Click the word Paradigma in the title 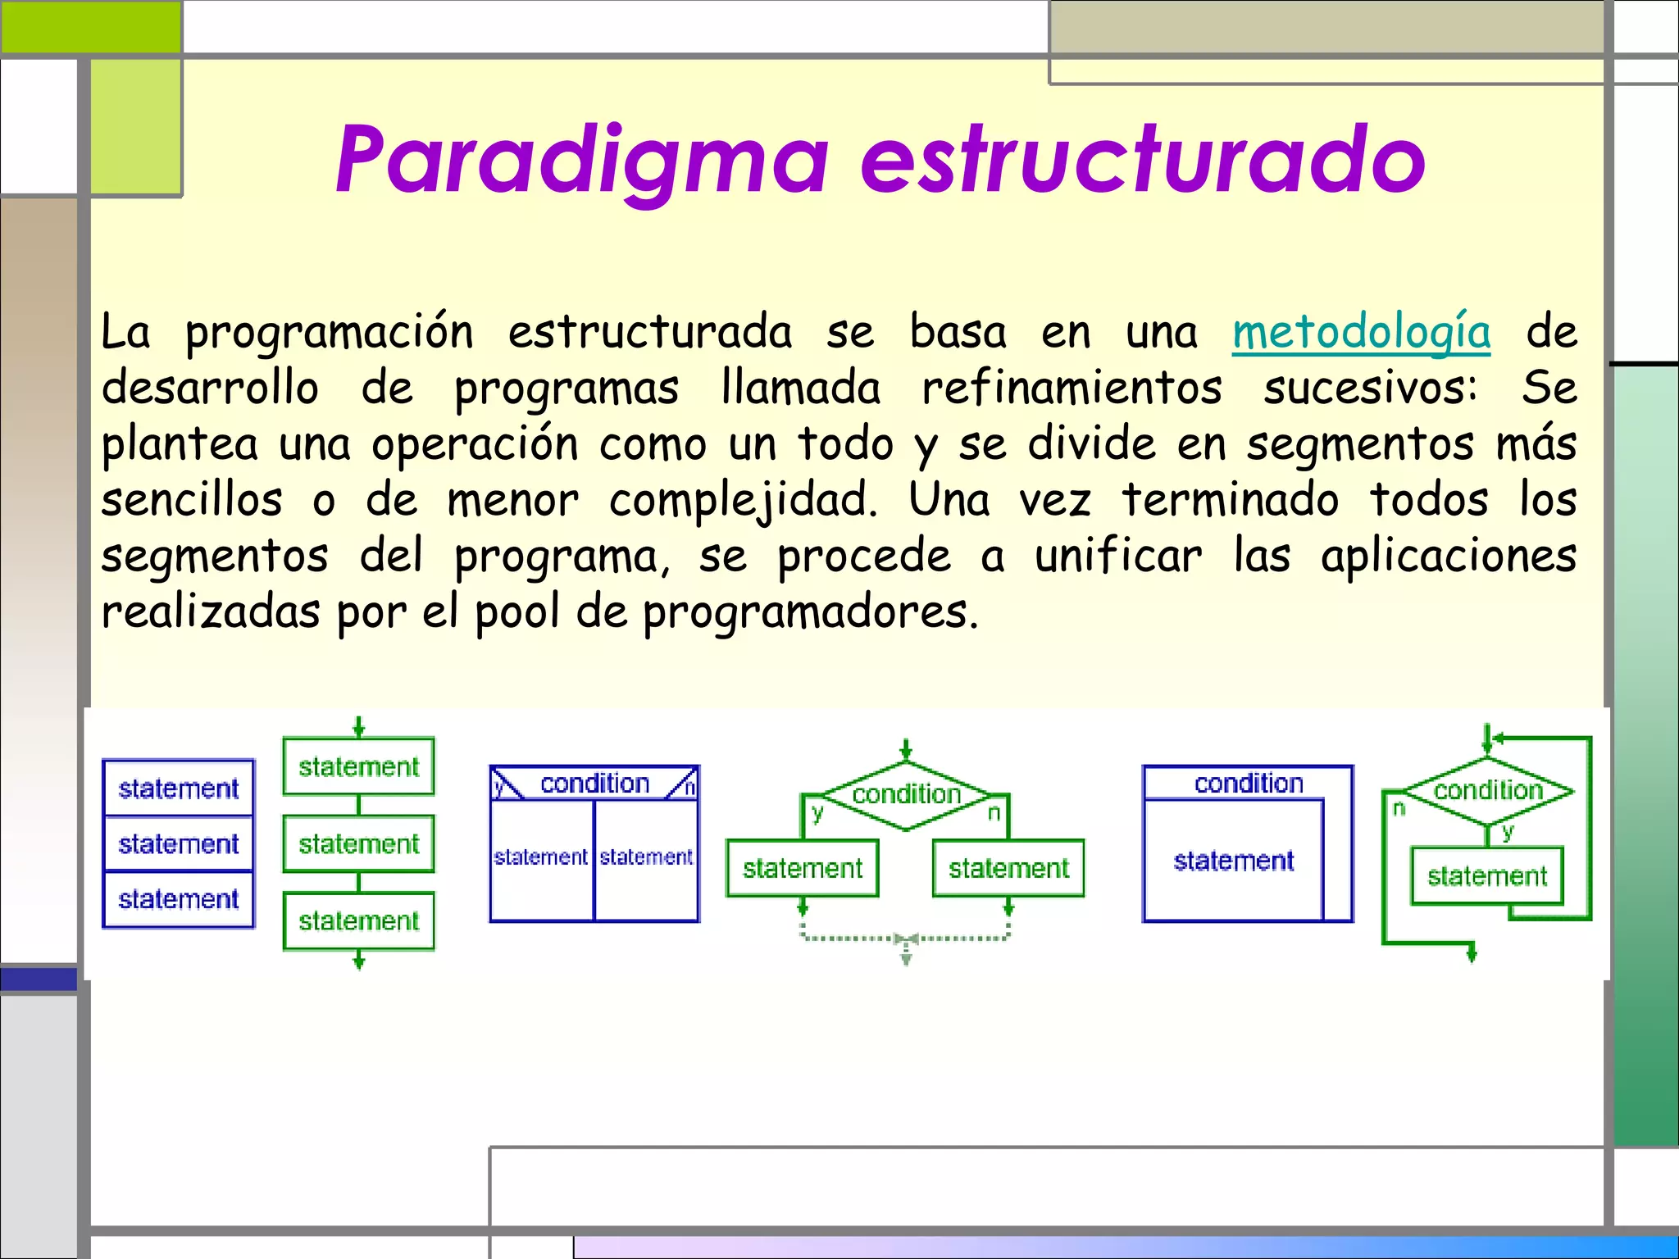click(582, 160)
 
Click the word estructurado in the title click(1143, 160)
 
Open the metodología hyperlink click(1361, 333)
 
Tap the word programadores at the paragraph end click(810, 612)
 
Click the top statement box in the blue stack click(179, 789)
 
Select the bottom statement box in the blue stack click(179, 899)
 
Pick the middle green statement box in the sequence click(358, 843)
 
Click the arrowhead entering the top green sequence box click(358, 729)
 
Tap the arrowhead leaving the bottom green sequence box click(358, 961)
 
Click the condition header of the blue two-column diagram click(594, 784)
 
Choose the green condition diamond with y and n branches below click(906, 793)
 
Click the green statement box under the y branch click(803, 868)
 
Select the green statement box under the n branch click(1008, 868)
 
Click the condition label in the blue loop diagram click(1248, 784)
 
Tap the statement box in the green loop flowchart click(1486, 876)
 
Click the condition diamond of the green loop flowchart click(1488, 790)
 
